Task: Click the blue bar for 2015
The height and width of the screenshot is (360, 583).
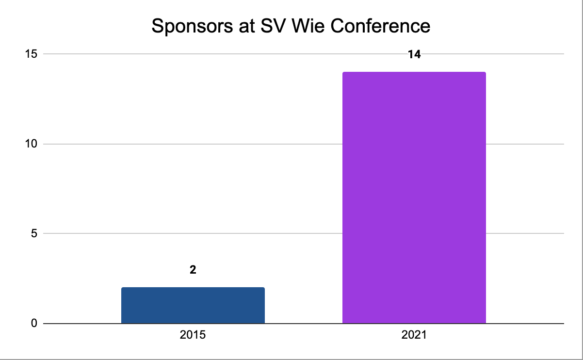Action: coord(193,305)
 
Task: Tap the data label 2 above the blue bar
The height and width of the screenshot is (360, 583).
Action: coord(193,270)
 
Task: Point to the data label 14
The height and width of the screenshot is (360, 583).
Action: coord(414,54)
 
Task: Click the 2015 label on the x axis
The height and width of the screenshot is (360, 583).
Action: coord(193,335)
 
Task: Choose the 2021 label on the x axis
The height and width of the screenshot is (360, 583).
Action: coord(414,335)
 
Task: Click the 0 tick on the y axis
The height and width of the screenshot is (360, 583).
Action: coord(34,323)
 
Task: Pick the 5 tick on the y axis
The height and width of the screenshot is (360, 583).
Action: coord(34,233)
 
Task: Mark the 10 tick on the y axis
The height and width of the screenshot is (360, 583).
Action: coord(32,144)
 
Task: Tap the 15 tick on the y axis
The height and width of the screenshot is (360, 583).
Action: coord(32,54)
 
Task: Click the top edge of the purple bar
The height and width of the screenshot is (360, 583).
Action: coord(414,72)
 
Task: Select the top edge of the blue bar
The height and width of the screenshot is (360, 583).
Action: coord(193,288)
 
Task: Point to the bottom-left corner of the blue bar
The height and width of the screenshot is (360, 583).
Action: coord(122,323)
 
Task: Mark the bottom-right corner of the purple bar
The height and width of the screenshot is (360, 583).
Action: coord(486,323)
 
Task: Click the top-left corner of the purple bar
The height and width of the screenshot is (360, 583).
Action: coord(343,73)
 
